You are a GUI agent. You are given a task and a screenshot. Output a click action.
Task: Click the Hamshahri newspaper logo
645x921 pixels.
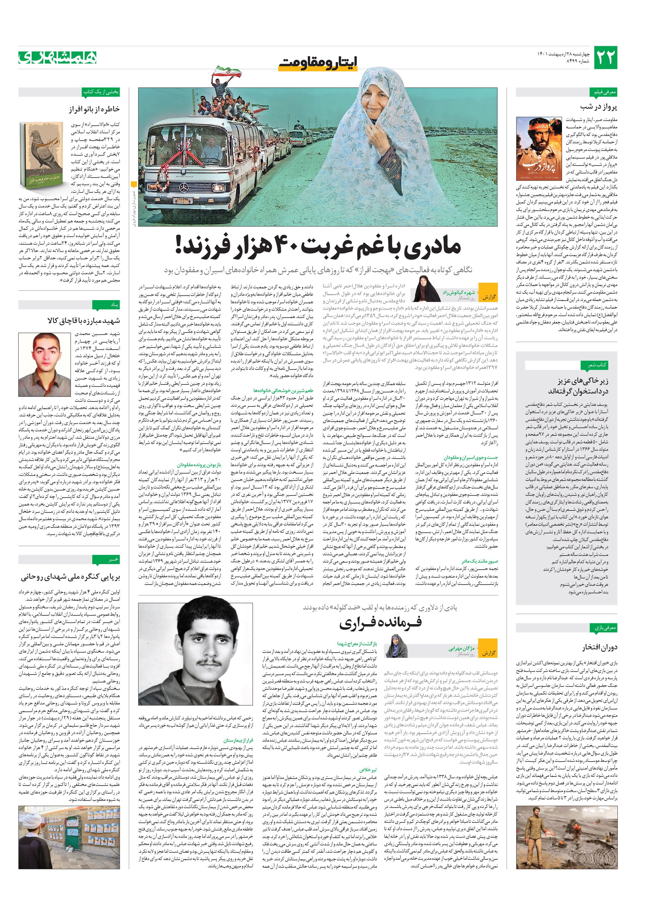click(x=57, y=57)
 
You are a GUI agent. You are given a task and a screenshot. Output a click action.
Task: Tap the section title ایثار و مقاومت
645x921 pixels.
click(x=318, y=62)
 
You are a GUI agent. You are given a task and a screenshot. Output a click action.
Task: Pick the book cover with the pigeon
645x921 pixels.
click(x=41, y=154)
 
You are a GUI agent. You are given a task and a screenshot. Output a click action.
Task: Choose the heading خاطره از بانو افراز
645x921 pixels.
click(x=94, y=109)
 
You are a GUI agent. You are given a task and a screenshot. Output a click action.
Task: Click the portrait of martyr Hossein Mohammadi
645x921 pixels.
click(x=45, y=364)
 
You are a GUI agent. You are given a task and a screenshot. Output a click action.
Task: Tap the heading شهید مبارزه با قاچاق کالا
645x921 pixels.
click(x=84, y=321)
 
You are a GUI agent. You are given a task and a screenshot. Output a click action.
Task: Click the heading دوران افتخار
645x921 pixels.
click(x=600, y=647)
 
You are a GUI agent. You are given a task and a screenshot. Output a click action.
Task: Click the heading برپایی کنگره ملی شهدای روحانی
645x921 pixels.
click(x=70, y=577)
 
